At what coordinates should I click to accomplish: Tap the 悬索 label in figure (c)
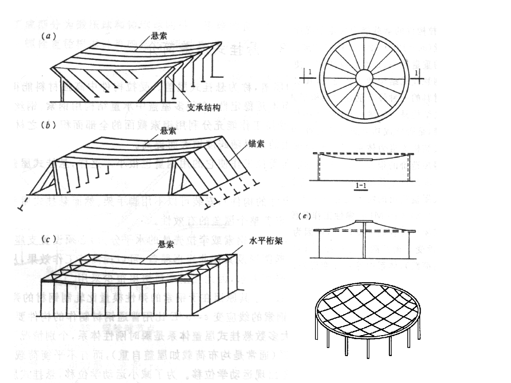(166, 244)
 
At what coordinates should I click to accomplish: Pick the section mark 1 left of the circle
(310, 73)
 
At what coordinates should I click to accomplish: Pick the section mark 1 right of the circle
(417, 73)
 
